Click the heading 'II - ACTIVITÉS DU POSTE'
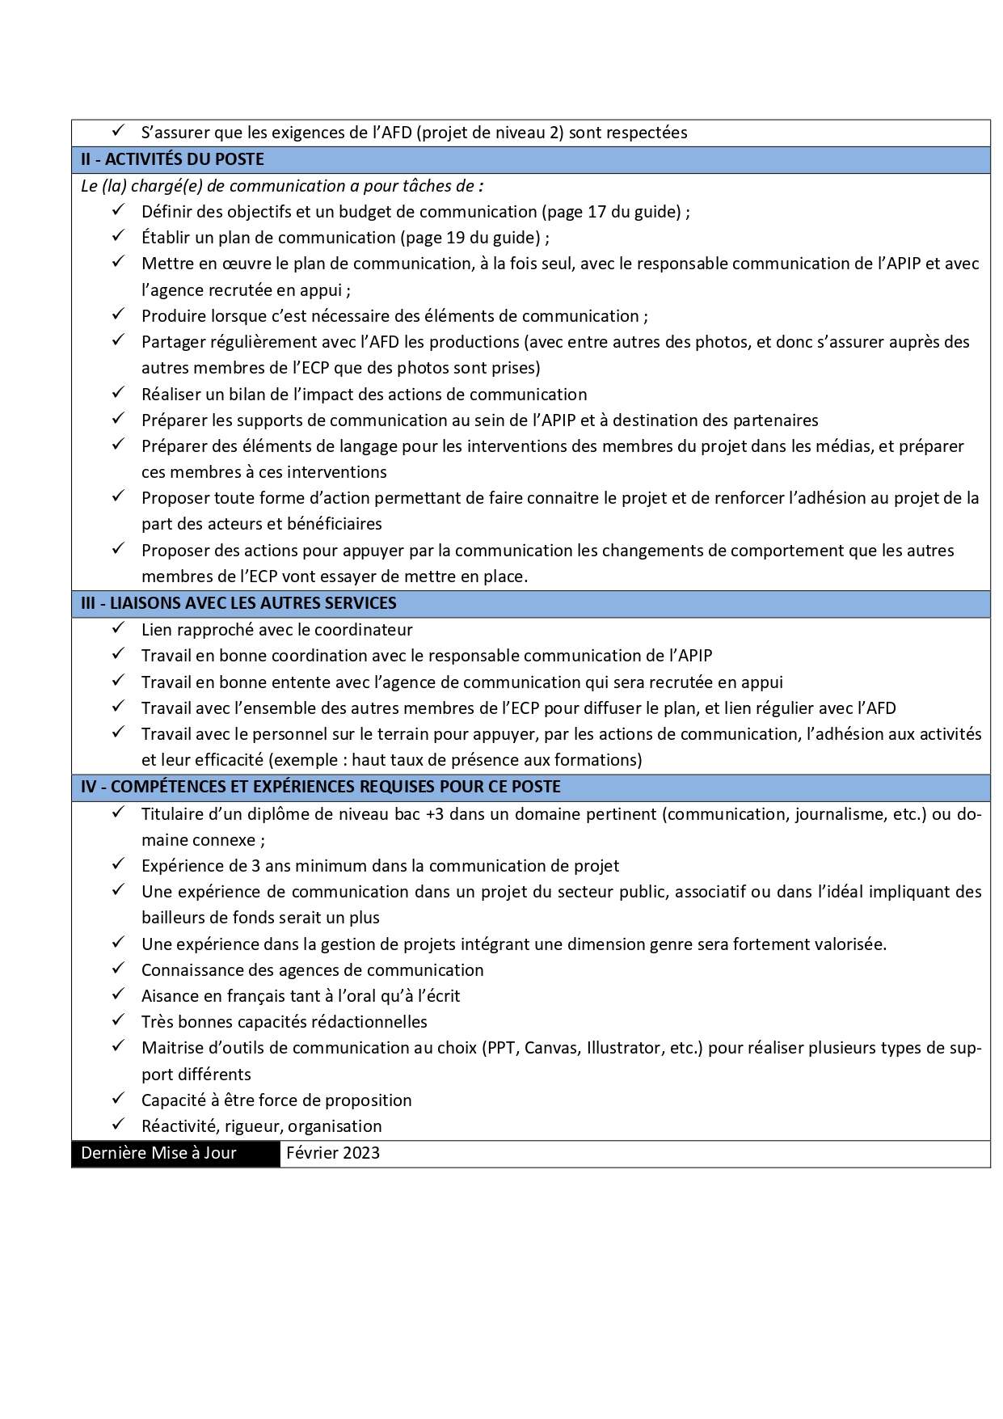tap(172, 159)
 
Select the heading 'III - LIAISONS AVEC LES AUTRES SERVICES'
tap(238, 603)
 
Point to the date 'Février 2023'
tap(333, 1153)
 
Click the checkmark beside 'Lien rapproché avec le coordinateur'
tap(118, 628)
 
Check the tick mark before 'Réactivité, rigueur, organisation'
tap(118, 1125)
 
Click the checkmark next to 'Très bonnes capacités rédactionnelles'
tap(118, 1020)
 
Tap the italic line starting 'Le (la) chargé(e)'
tap(282, 186)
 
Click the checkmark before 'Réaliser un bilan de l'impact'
tap(118, 393)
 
